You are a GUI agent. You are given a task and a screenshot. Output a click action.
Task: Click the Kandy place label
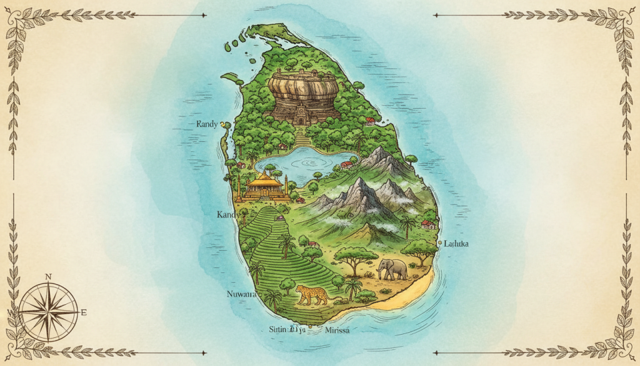point(226,215)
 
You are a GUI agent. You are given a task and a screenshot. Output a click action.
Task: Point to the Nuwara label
point(241,293)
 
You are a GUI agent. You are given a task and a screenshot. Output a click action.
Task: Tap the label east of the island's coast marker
point(456,243)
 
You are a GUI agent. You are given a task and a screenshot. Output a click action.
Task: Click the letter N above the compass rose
point(49,277)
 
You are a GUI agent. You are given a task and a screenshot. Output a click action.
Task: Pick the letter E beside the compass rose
point(84,312)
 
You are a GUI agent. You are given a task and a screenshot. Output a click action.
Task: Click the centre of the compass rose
point(48,312)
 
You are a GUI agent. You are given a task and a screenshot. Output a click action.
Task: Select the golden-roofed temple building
point(263,185)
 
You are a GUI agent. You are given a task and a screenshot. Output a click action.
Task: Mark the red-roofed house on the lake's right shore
point(346,165)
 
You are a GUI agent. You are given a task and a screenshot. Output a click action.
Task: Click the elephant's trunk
point(379,270)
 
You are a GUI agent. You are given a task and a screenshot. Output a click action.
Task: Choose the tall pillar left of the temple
point(238,185)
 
